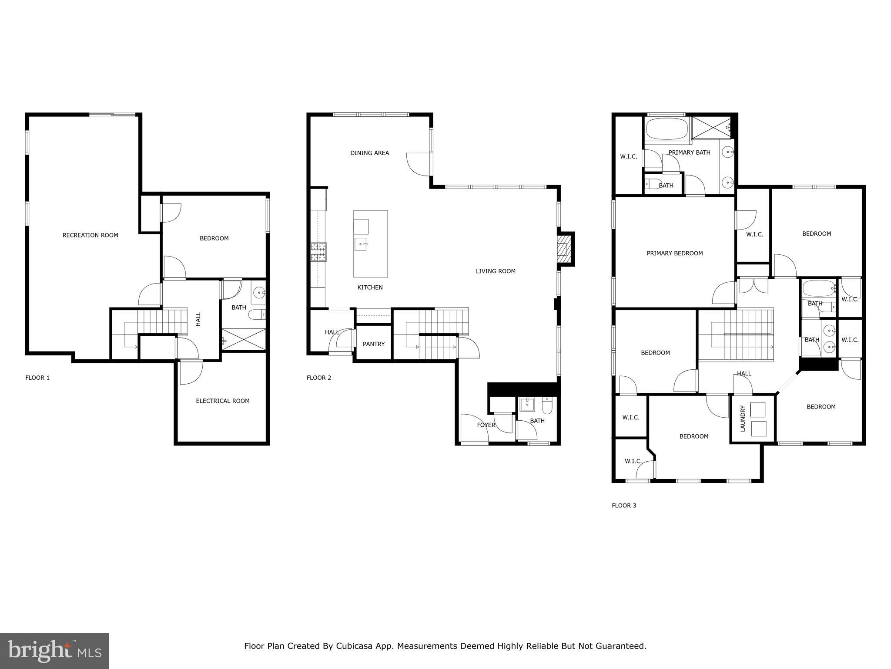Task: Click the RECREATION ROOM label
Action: [x=90, y=235]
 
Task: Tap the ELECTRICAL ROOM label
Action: [x=223, y=401]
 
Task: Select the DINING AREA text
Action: [x=370, y=153]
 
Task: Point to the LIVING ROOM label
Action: [x=496, y=271]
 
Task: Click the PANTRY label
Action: [x=374, y=344]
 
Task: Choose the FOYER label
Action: [x=486, y=425]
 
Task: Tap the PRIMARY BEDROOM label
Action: [x=675, y=253]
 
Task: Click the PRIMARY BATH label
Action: [x=690, y=152]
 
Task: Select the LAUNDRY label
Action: [x=743, y=419]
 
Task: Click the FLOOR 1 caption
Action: [x=37, y=378]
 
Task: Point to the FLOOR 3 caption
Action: [x=624, y=506]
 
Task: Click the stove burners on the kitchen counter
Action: [x=318, y=252]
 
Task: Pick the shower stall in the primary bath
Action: [x=712, y=127]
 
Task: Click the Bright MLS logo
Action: [x=54, y=651]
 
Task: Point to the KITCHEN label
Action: [x=370, y=287]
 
